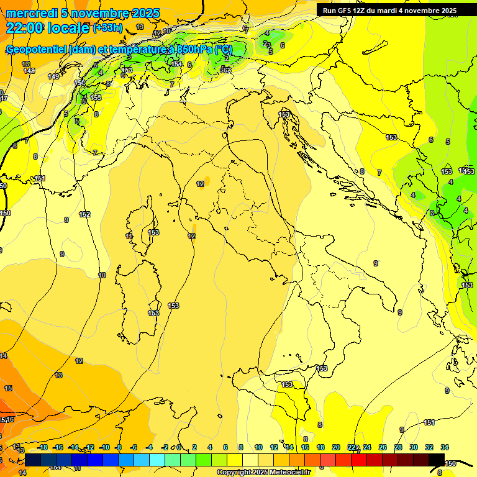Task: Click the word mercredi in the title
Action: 32,13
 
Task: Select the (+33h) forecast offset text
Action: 108,28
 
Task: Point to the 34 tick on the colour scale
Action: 445,447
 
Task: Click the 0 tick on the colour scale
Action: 179,447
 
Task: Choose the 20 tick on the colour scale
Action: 336,447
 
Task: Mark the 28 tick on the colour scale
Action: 398,447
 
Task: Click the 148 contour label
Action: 29,71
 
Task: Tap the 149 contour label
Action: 53,76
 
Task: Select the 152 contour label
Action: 84,214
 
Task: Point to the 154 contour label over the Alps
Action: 177,63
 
